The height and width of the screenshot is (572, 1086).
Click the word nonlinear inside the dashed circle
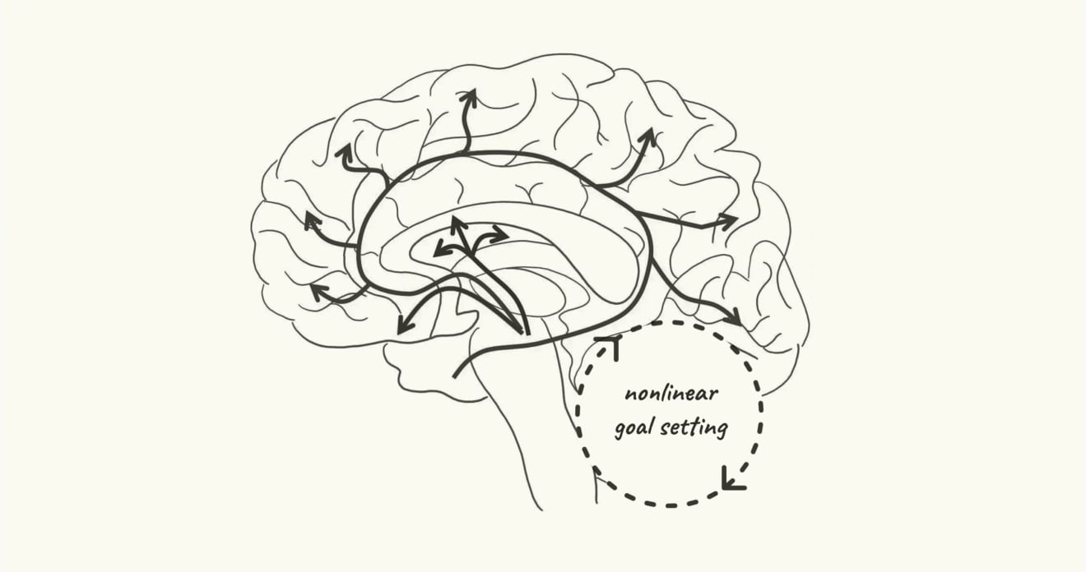671,393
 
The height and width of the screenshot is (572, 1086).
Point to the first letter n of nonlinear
629,394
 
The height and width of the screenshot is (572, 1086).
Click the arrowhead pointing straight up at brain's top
469,98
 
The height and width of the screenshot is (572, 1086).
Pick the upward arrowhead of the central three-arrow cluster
457,224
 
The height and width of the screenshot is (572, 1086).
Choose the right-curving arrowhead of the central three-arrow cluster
500,235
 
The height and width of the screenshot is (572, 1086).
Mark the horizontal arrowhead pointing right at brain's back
728,221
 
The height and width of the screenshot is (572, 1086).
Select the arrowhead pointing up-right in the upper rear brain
650,136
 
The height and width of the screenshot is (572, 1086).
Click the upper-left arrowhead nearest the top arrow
344,152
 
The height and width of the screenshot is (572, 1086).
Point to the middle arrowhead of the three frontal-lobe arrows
311,220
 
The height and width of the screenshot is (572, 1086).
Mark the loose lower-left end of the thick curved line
455,376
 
